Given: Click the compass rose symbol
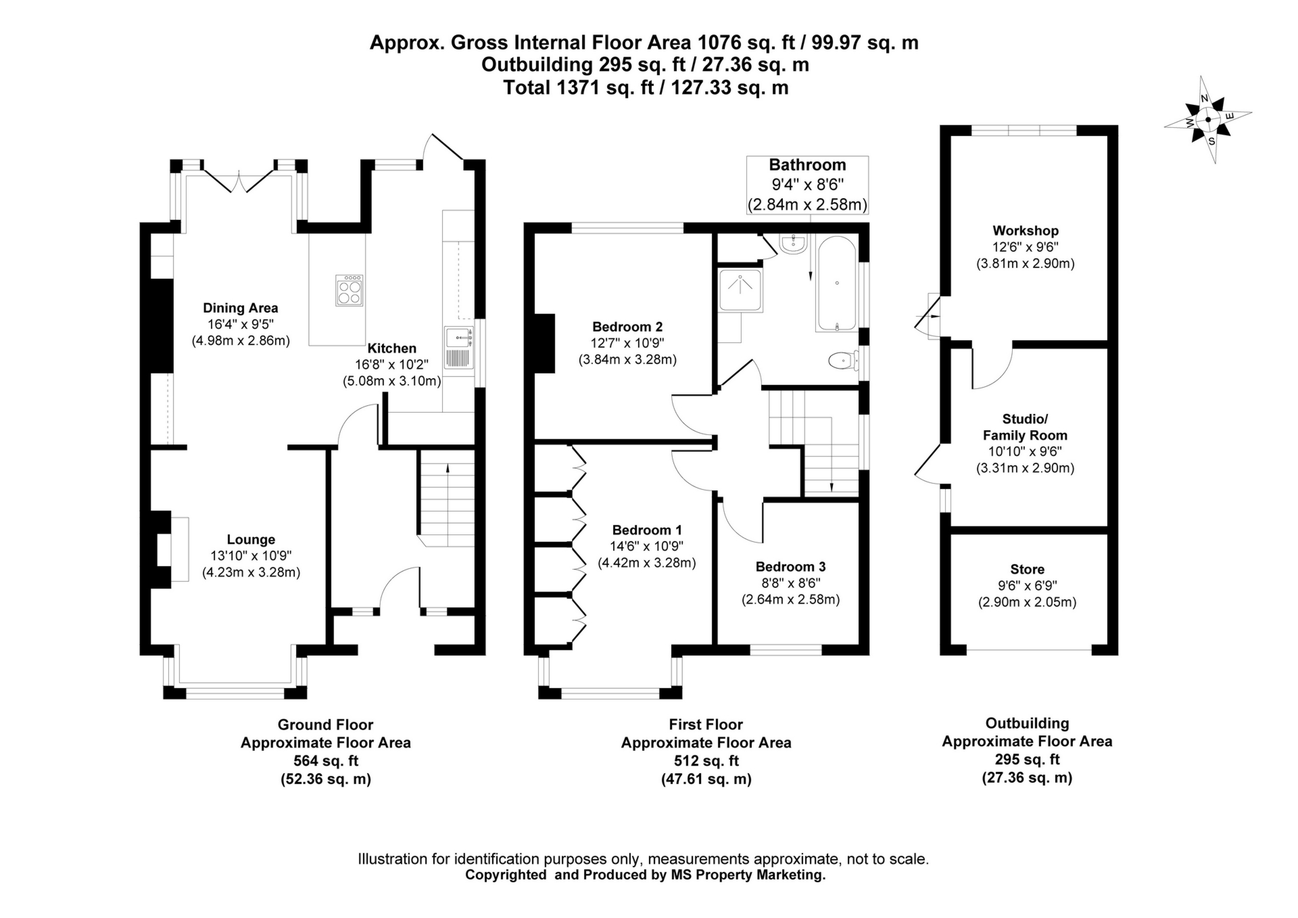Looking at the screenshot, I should pos(1207,120).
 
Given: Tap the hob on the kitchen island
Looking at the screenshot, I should pos(349,290).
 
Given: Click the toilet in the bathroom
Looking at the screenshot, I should pos(840,361).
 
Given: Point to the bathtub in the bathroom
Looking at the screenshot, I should pos(837,284).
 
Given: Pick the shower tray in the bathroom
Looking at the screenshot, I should pos(740,290).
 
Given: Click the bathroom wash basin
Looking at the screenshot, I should pos(792,245).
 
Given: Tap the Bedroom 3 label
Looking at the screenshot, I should pos(790,567).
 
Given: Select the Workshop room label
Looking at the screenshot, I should pos(1025,231).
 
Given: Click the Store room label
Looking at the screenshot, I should pos(1027,570).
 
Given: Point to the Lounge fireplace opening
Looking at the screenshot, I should pos(164,550).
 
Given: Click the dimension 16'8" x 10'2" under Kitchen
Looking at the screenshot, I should pos(391,365).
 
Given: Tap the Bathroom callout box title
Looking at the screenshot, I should pos(807,165).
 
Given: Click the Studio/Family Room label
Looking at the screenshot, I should pos(1025,427).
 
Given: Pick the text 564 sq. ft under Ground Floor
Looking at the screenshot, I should pos(325,761).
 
